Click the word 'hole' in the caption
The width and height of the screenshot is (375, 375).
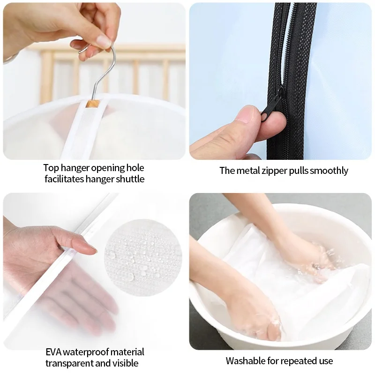pyautogui.click(x=134, y=168)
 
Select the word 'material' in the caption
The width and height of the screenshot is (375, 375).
pyautogui.click(x=127, y=352)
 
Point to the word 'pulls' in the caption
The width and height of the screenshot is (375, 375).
pyautogui.click(x=301, y=171)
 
